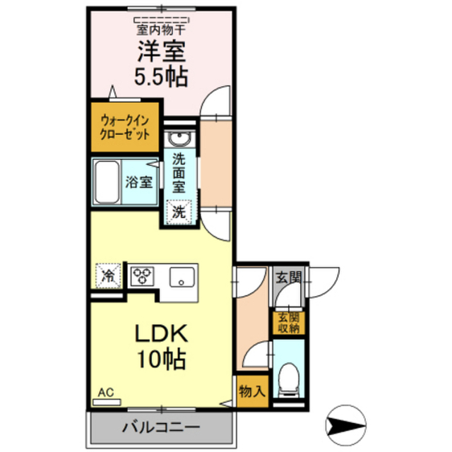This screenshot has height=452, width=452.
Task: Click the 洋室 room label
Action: [x=162, y=52]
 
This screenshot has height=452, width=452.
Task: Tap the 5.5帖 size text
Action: [x=161, y=77]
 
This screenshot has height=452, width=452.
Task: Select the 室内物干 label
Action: [x=161, y=30]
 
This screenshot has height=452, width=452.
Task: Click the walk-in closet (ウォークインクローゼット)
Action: [x=125, y=127]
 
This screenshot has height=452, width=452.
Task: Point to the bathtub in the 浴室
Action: [x=107, y=182]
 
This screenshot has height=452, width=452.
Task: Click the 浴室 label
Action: [x=138, y=182]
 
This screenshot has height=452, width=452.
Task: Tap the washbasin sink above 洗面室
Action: [x=179, y=138]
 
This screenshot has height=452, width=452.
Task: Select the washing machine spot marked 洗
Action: [x=179, y=212]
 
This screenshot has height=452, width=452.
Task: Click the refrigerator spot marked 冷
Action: [x=108, y=276]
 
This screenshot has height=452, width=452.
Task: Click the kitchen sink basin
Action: [x=182, y=277]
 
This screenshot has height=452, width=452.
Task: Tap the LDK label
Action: [x=162, y=333]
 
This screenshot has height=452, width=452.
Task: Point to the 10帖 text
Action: [x=161, y=359]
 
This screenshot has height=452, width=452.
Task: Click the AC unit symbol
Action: [x=107, y=402]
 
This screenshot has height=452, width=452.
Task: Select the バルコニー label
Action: [x=161, y=427]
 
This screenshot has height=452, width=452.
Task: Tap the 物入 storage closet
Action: [x=253, y=391]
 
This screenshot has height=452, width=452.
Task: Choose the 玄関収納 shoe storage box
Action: [x=289, y=323]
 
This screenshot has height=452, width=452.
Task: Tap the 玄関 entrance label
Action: [x=289, y=278]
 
